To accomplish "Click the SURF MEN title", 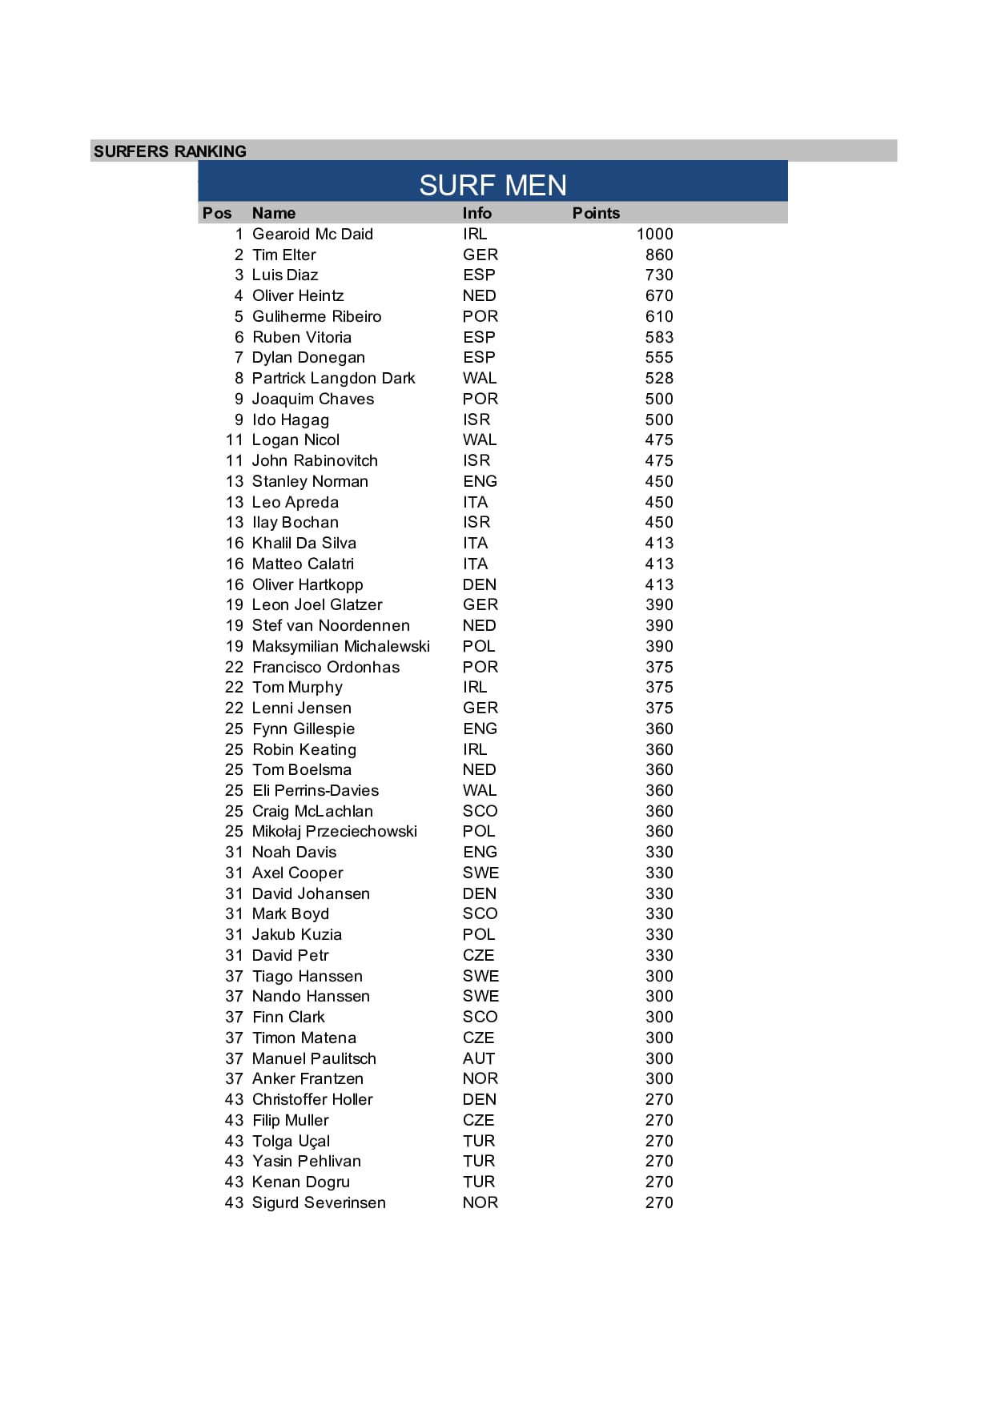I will pyautogui.click(x=492, y=185).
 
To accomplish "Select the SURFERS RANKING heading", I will pyautogui.click(x=170, y=151).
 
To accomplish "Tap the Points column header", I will pyautogui.click(x=596, y=213).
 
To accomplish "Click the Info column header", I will pyautogui.click(x=476, y=213).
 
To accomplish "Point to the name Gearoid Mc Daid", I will pyautogui.click(x=312, y=234).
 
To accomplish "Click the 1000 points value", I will pyautogui.click(x=654, y=234).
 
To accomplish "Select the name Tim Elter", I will pyautogui.click(x=283, y=255).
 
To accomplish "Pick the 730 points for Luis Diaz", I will pyautogui.click(x=659, y=275).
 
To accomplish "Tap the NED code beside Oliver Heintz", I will pyautogui.click(x=479, y=295).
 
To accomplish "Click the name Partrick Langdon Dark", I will pyautogui.click(x=333, y=378).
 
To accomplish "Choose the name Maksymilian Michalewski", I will pyautogui.click(x=340, y=646).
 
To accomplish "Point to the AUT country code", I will pyautogui.click(x=478, y=1058).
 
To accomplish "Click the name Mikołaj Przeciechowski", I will pyautogui.click(x=334, y=831).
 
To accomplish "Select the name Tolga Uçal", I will pyautogui.click(x=291, y=1141).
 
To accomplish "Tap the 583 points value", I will pyautogui.click(x=659, y=337).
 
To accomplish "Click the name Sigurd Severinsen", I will pyautogui.click(x=319, y=1202).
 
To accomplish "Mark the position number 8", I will pyautogui.click(x=239, y=378).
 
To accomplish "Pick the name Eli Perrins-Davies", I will pyautogui.click(x=316, y=790).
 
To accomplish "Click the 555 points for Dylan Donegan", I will pyautogui.click(x=659, y=357).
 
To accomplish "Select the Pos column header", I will pyautogui.click(x=217, y=213).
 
